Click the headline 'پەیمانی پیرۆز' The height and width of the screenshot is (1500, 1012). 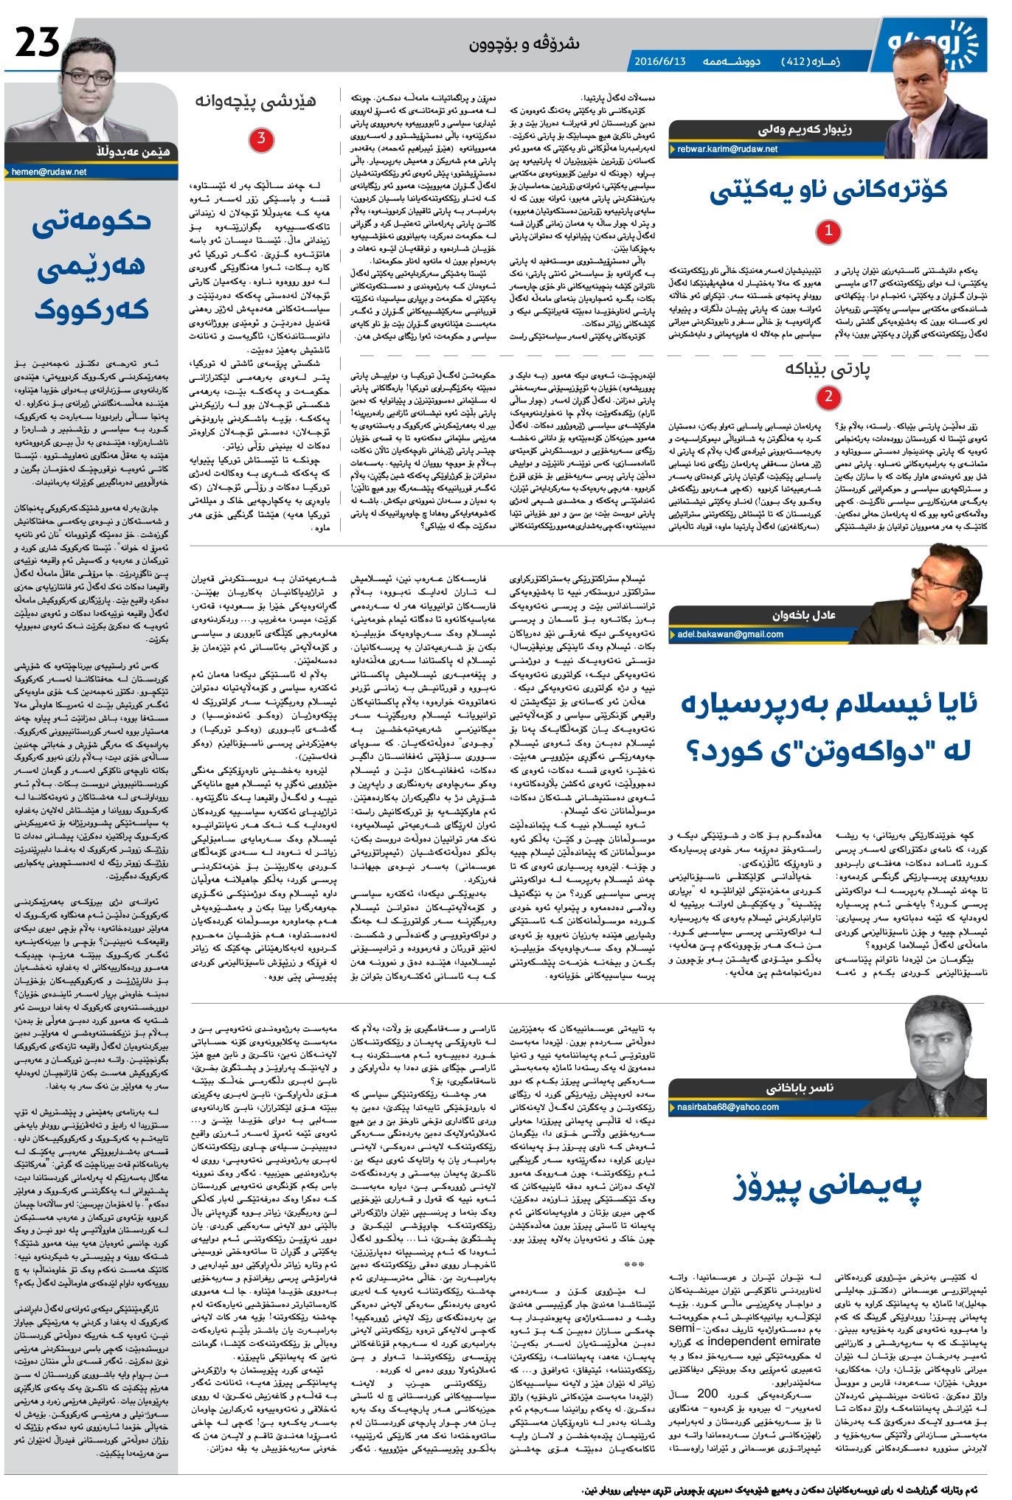pos(827,1186)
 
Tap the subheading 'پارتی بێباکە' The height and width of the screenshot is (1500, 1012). pos(828,369)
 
